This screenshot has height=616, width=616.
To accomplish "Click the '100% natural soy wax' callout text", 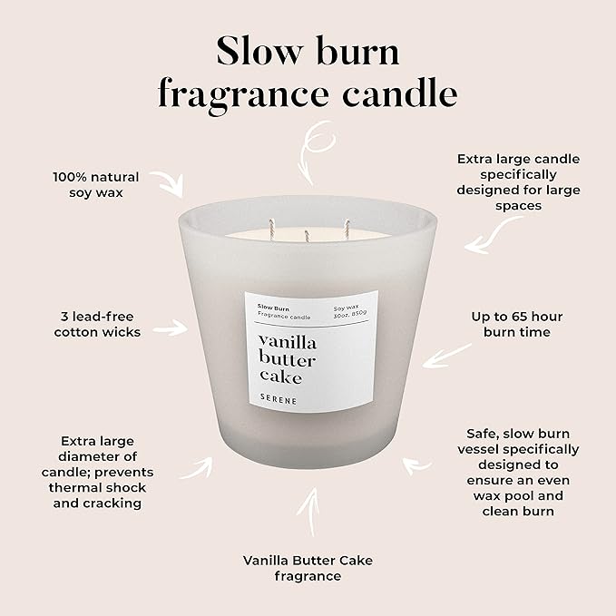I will (x=95, y=184).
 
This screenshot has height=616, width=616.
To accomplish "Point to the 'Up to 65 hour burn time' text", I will (x=516, y=324).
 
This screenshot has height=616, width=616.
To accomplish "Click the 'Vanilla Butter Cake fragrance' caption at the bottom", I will (x=308, y=568).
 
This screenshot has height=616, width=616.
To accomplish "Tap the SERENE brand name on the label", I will (x=278, y=398).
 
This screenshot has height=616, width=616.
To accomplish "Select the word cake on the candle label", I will (x=279, y=376).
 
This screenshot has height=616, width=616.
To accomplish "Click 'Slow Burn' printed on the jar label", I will (x=272, y=308).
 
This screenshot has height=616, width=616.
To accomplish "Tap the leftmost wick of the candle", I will (x=270, y=222).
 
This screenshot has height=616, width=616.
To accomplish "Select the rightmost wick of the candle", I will (x=346, y=222).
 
